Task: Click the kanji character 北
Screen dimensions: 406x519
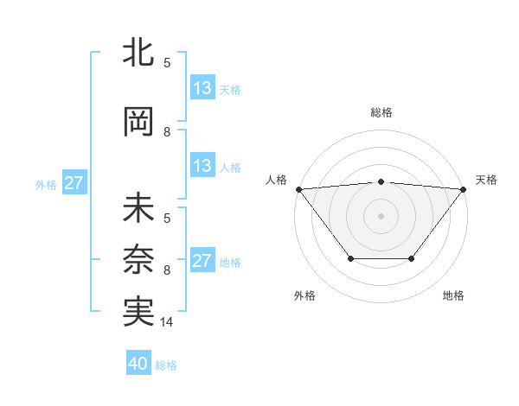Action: pyautogui.click(x=138, y=54)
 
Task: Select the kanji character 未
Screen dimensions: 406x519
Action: pyautogui.click(x=138, y=209)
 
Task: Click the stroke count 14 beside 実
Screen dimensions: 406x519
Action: pyautogui.click(x=167, y=322)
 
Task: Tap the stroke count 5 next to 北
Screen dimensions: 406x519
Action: pyautogui.click(x=167, y=62)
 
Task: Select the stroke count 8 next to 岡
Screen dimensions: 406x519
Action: pyautogui.click(x=167, y=132)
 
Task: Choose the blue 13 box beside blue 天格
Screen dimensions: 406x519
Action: pyautogui.click(x=202, y=88)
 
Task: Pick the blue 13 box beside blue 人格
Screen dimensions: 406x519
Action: pyautogui.click(x=202, y=167)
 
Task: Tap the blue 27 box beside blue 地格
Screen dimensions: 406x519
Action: pyautogui.click(x=202, y=261)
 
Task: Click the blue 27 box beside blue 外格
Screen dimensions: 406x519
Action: pyautogui.click(x=74, y=183)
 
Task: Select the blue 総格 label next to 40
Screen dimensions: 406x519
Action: pyautogui.click(x=166, y=365)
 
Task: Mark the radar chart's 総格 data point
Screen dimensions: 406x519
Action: pyautogui.click(x=381, y=181)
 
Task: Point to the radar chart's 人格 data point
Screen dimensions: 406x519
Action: pyautogui.click(x=298, y=189)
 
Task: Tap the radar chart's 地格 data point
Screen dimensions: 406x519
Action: pyautogui.click(x=412, y=258)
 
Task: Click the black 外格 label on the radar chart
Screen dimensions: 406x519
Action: pyautogui.click(x=304, y=296)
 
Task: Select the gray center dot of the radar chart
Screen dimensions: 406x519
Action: pyautogui.click(x=381, y=216)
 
